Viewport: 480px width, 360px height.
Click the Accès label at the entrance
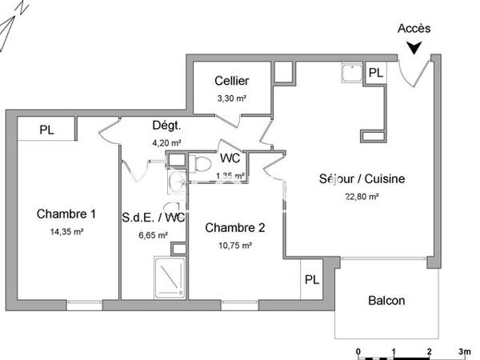[x=414, y=28]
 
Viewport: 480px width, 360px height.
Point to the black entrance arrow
[x=414, y=47]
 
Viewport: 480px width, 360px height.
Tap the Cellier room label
[x=231, y=81]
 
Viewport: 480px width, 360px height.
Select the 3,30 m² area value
[x=231, y=98]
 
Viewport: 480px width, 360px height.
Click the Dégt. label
[x=167, y=126]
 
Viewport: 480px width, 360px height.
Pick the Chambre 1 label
[x=66, y=214]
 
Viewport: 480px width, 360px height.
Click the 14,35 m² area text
[x=66, y=231]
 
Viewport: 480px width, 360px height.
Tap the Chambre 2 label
[x=235, y=227]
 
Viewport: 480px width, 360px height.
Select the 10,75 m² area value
[x=235, y=246]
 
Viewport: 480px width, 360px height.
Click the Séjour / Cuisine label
[x=362, y=178]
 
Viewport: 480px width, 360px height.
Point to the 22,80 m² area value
[x=362, y=196]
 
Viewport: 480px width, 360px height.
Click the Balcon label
[x=386, y=301]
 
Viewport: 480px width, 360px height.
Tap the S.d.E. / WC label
[x=154, y=217]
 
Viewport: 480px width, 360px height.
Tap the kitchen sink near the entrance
[x=350, y=74]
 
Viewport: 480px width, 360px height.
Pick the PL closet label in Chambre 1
[x=46, y=128]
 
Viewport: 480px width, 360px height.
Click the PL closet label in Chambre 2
[x=311, y=281]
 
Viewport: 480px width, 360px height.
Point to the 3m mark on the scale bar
[x=464, y=351]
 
